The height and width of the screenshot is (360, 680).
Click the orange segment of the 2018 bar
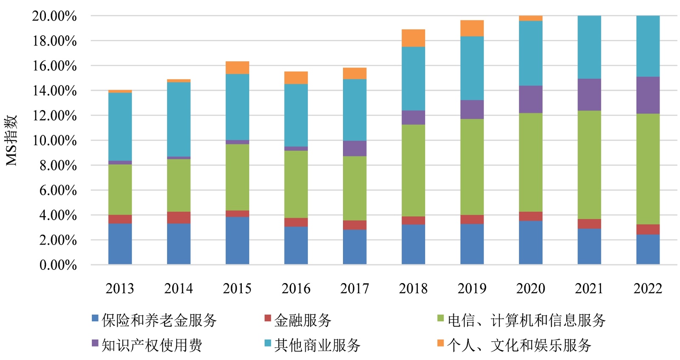413,38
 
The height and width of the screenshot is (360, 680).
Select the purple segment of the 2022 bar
648,95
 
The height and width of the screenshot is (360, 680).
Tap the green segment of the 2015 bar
237,177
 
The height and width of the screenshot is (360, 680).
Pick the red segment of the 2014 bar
178,217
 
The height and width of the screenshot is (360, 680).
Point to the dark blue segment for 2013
120,244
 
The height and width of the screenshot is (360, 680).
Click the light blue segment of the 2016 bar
296,115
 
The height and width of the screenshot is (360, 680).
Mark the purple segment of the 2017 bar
354,148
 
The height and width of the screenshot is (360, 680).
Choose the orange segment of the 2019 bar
472,28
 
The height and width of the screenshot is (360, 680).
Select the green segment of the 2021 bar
589,165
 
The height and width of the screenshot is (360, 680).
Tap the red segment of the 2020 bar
530,216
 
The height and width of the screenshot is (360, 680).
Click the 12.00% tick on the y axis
55,116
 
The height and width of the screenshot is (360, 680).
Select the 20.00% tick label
54,16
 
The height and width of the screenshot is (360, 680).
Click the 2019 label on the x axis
472,289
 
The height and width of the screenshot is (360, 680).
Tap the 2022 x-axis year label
648,289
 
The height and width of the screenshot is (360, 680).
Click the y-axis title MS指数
11,140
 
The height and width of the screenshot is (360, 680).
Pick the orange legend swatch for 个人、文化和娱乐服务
440,343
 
